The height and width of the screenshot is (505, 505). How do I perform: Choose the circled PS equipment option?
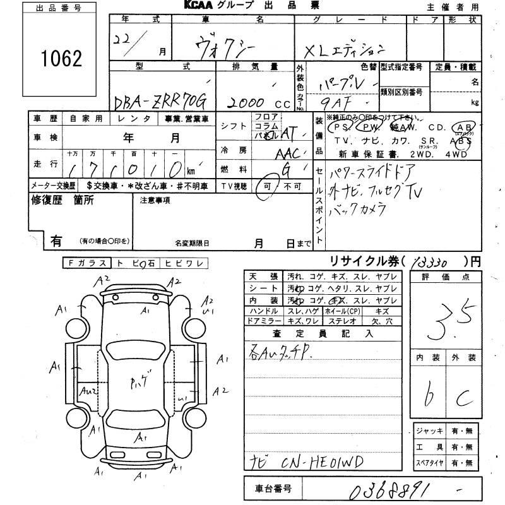[x=342, y=126]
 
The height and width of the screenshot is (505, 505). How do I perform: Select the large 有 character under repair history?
[x=56, y=240]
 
